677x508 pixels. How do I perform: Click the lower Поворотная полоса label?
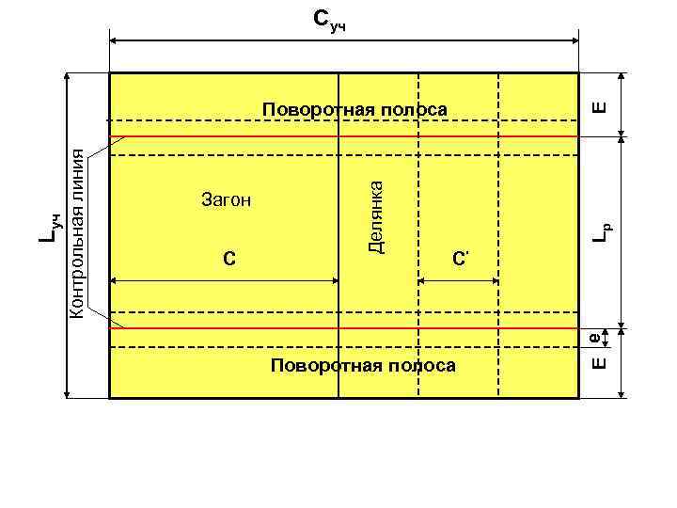pyautogui.click(x=361, y=365)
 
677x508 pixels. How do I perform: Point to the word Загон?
pyautogui.click(x=227, y=199)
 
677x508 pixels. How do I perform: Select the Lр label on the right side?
pyautogui.click(x=606, y=227)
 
